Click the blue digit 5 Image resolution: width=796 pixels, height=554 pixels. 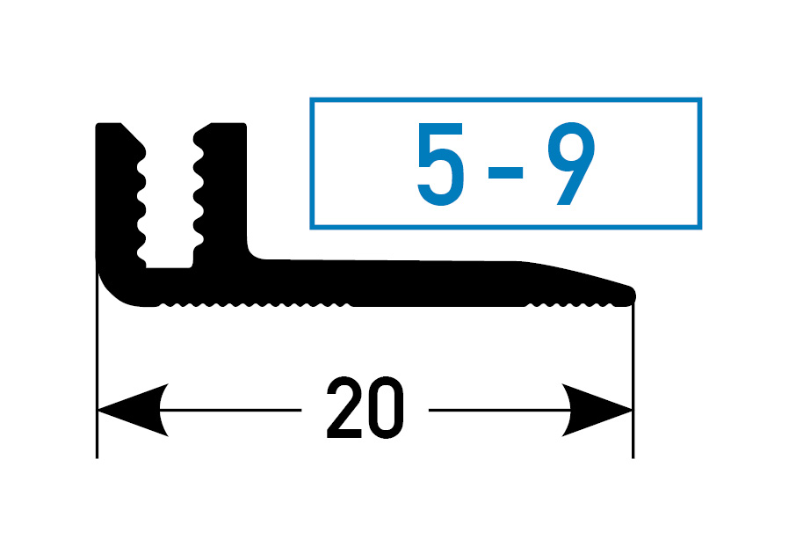440,164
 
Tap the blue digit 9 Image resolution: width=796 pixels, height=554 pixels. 571,164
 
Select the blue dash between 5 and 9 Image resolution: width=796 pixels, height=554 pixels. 505,173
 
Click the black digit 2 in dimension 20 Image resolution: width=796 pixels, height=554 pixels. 344,407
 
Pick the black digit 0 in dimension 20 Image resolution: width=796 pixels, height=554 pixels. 386,407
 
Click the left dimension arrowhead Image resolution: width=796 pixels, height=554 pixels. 133,410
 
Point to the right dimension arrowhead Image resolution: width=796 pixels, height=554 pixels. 597,410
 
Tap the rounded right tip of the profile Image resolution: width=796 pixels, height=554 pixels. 630,295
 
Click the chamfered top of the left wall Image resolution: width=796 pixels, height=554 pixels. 133,135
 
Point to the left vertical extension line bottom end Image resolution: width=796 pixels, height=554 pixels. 97,458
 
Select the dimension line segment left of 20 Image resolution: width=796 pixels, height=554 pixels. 231,410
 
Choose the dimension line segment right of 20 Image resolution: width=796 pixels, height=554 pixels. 500,410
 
